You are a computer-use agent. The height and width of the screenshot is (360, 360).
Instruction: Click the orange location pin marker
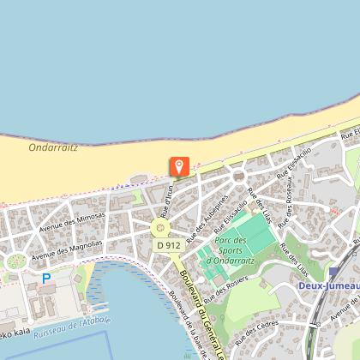[180, 165]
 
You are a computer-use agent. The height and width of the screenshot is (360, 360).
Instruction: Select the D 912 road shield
[168, 245]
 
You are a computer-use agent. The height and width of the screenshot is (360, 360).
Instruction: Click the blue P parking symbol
[46, 279]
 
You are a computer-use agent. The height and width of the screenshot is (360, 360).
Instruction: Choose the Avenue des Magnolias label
[67, 249]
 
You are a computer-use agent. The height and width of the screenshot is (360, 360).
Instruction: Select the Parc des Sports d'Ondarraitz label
[228, 249]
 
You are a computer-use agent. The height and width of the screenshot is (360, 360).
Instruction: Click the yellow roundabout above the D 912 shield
[159, 228]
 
